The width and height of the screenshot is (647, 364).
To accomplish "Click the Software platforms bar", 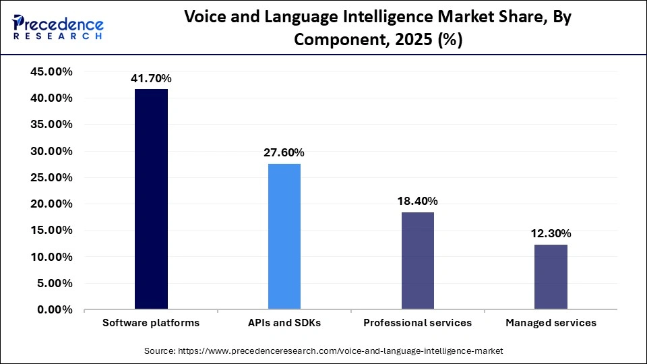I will click(x=151, y=199).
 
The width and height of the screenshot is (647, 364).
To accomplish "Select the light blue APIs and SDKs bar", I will click(x=284, y=236).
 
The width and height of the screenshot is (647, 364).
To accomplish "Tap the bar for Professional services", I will click(x=418, y=260).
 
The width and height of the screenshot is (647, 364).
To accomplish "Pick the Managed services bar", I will click(x=551, y=276).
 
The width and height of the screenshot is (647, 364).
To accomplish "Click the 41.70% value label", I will click(x=151, y=79).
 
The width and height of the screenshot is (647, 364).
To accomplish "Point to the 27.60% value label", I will click(x=284, y=153).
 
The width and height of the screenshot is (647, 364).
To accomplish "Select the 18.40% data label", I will click(x=418, y=202).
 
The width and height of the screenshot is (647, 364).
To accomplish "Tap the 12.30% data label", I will click(x=551, y=234).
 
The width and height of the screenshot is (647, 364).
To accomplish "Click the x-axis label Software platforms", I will click(x=151, y=323).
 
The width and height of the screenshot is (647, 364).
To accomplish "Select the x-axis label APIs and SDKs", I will click(x=284, y=323).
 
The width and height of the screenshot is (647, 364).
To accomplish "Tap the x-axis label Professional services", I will click(x=418, y=323).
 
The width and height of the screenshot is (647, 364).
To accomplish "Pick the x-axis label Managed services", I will click(x=551, y=323).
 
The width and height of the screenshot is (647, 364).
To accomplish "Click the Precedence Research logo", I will click(x=58, y=27).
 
